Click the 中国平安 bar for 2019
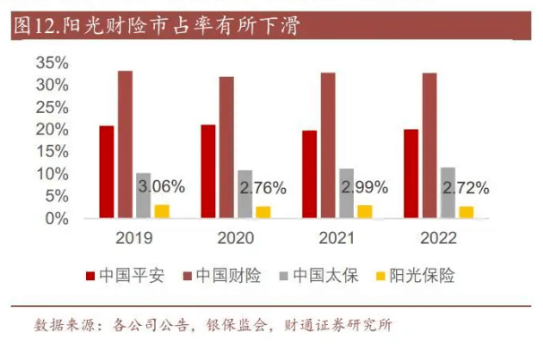coord(107,172)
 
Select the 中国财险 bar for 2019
coord(125,145)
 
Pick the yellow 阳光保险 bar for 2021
coord(365,211)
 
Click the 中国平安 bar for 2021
coord(309,175)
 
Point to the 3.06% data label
coord(161,187)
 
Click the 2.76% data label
coord(263,188)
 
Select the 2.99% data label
coord(364,188)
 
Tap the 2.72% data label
coord(466,188)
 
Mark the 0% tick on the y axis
coord(56,218)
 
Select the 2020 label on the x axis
coord(235,238)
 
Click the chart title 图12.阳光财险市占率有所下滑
coord(158,26)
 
